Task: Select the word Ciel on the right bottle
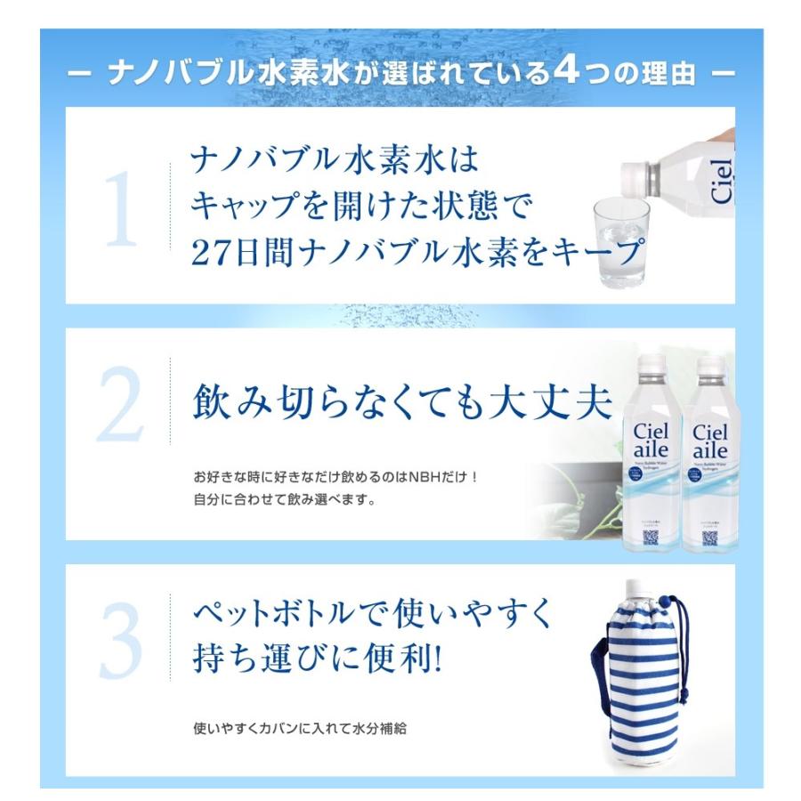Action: [x=709, y=431]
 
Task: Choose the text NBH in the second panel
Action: [x=420, y=476]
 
